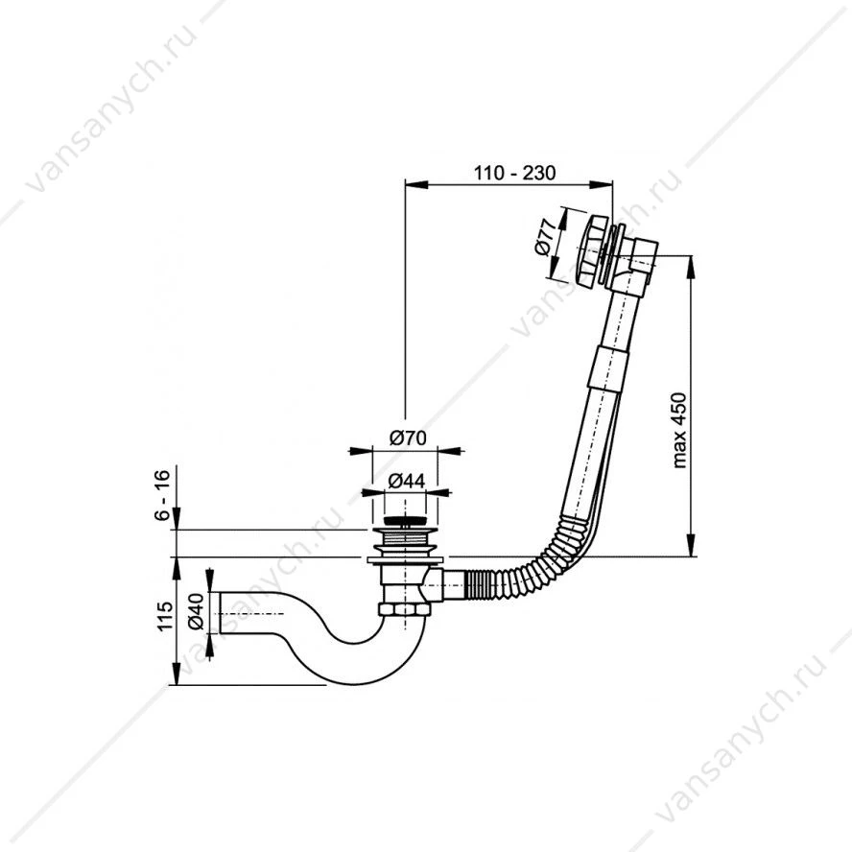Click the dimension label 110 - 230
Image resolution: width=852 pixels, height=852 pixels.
click(514, 173)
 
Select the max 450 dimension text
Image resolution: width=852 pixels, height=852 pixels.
click(679, 430)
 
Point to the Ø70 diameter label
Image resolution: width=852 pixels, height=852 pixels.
click(408, 438)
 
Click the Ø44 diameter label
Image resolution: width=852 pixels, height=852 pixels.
click(407, 481)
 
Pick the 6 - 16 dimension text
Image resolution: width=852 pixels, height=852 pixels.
click(162, 495)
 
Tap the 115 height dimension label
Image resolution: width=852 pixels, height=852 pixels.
click(164, 616)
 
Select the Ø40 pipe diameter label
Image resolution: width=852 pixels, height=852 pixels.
click(196, 611)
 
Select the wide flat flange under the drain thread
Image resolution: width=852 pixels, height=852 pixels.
click(405, 560)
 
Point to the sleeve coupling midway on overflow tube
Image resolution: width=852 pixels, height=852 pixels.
click(609, 367)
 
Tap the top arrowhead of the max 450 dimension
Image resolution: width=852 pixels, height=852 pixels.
click(691, 267)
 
